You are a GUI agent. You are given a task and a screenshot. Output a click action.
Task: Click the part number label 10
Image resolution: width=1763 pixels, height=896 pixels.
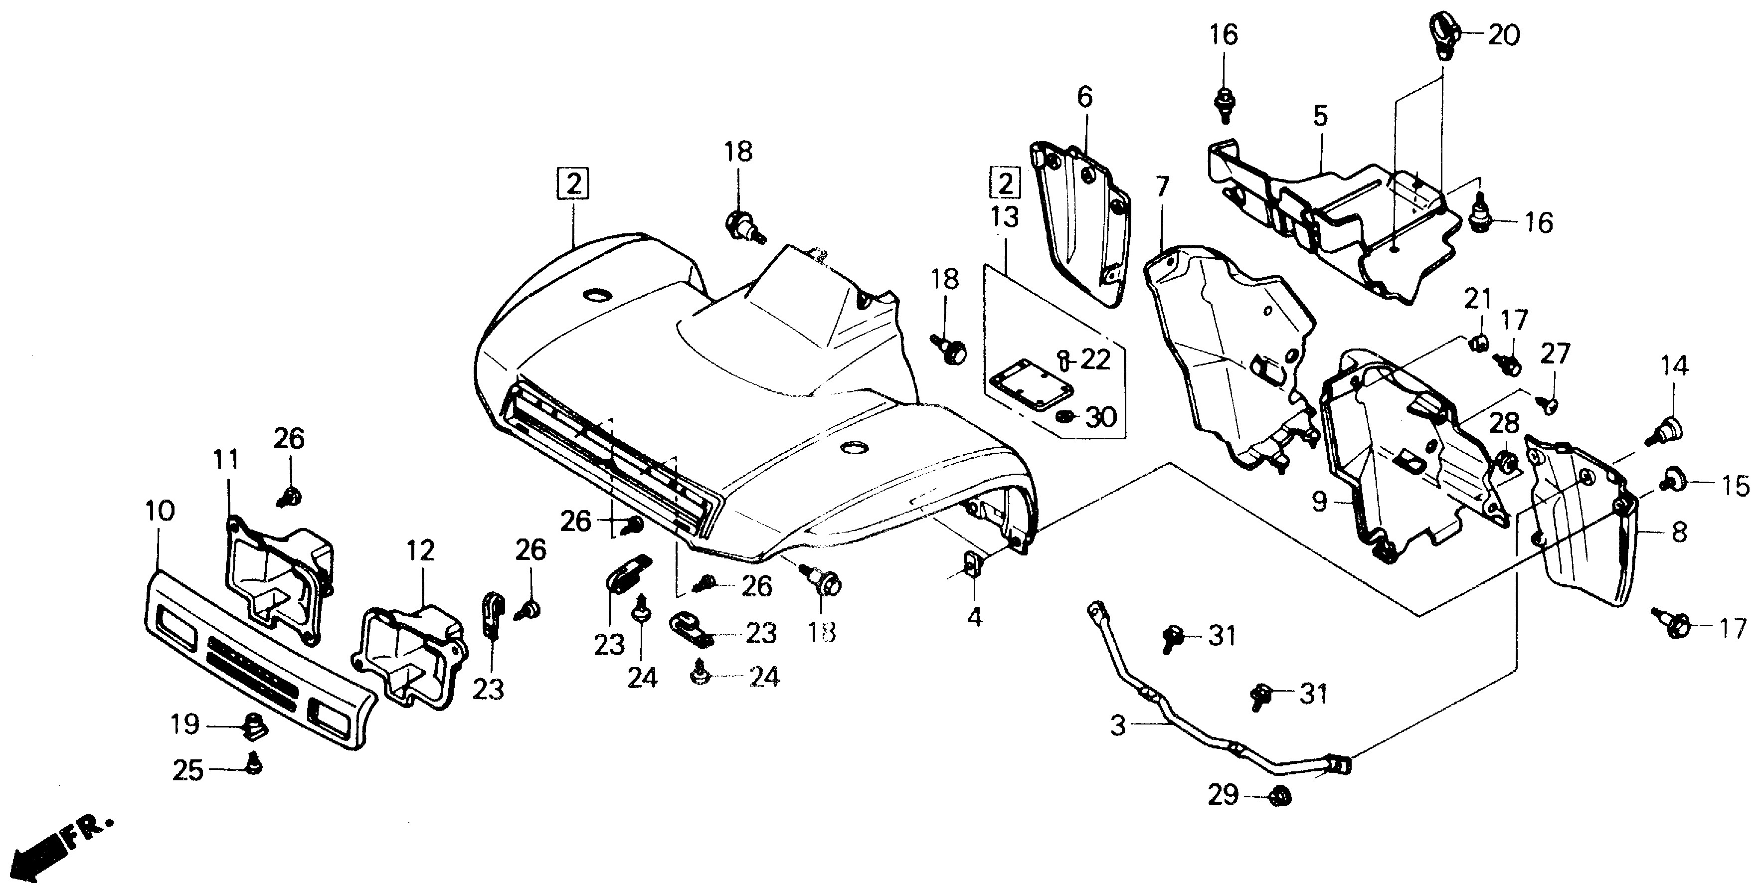tap(160, 511)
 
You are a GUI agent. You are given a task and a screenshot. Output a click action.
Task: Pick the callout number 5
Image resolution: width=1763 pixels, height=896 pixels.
tap(1320, 116)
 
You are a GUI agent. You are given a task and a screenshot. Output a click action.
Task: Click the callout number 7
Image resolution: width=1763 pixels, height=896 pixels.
tap(1163, 185)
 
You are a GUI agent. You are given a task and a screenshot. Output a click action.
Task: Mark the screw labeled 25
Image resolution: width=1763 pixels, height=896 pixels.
tap(254, 764)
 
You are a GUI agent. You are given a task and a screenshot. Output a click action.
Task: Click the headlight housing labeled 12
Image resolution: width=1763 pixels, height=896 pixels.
tap(411, 650)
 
